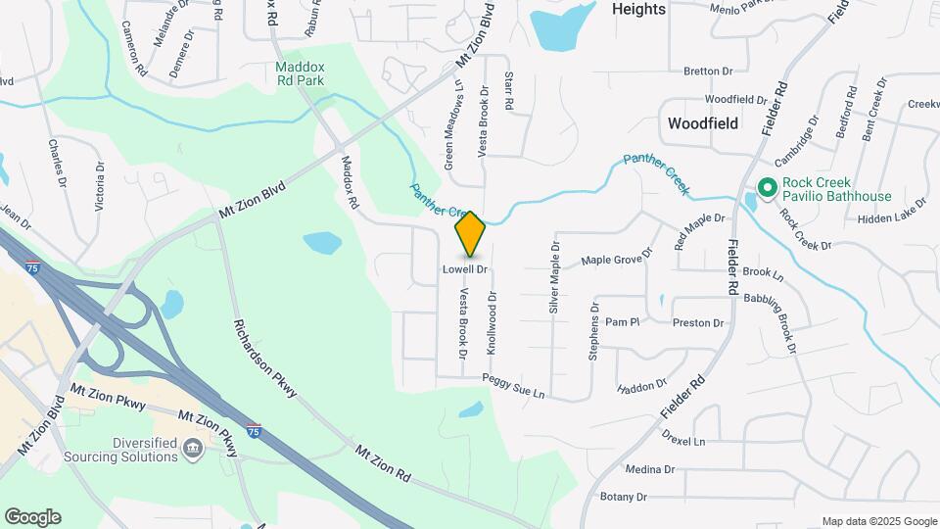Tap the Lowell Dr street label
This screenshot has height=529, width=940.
click(x=464, y=268)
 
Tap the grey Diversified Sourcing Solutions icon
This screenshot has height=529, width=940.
click(x=193, y=450)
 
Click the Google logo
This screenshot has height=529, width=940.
click(x=32, y=517)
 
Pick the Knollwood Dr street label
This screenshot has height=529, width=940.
click(x=493, y=322)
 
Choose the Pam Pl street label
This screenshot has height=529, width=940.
click(x=622, y=321)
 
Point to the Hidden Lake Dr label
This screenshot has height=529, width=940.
click(x=891, y=221)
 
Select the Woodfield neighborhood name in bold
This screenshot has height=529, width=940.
click(x=702, y=124)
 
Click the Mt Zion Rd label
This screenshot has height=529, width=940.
click(x=382, y=464)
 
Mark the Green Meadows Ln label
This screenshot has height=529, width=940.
click(x=453, y=125)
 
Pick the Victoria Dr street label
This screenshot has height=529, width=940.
click(x=98, y=187)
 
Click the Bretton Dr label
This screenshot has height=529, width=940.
click(x=708, y=72)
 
